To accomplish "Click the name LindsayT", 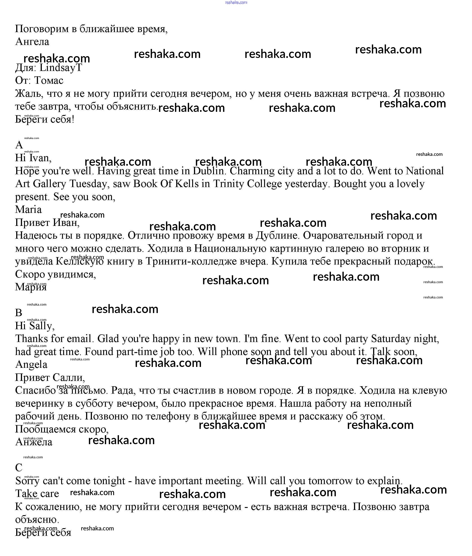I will pos(61,68).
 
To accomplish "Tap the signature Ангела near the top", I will pos(32,42).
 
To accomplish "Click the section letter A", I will pos(19,145).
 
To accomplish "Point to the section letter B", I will pos(19,313).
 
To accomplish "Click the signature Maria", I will pos(28,210).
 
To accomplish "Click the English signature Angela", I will pos(31,365).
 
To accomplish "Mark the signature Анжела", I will pos(34,442).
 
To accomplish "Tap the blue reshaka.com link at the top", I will pos(236,3).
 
